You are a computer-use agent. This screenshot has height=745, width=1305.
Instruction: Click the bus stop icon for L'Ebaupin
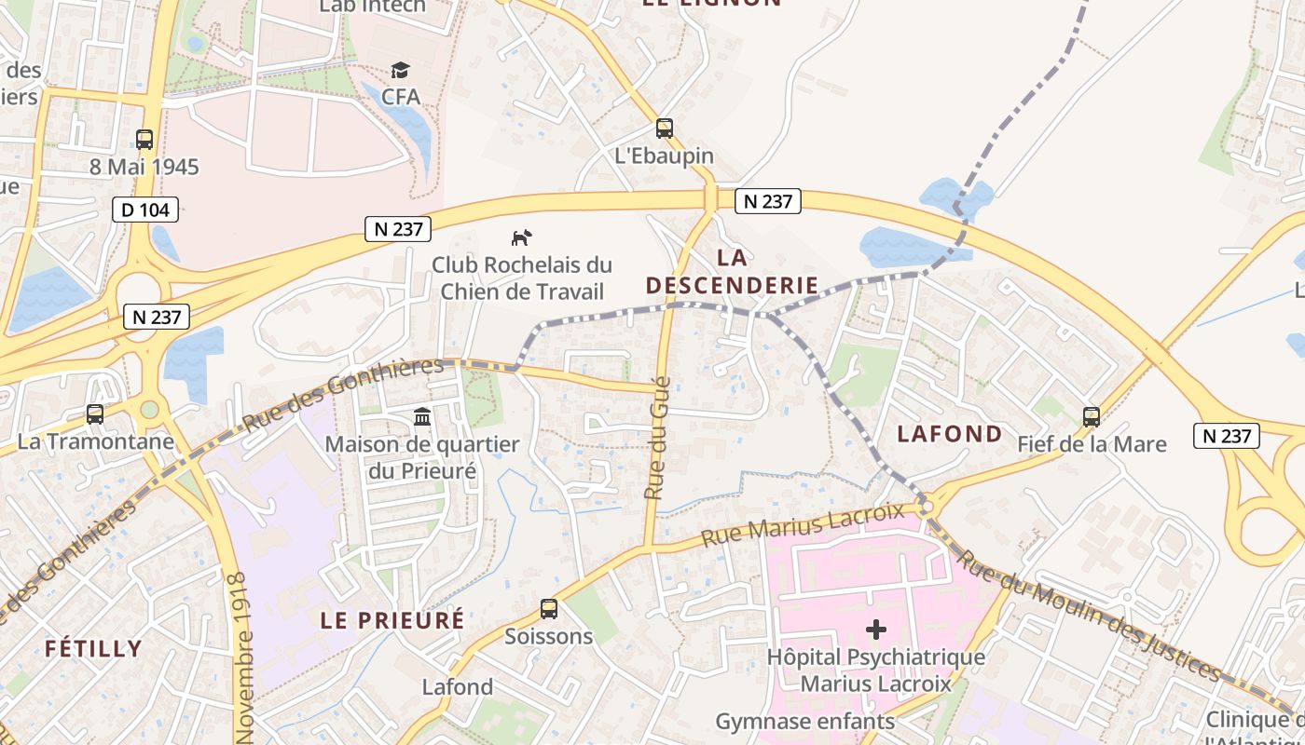[665, 129]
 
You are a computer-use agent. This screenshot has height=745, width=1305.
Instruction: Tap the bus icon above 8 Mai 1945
[144, 140]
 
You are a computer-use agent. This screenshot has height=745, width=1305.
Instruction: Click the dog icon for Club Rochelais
[521, 237]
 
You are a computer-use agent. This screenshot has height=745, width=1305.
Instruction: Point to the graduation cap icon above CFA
[401, 70]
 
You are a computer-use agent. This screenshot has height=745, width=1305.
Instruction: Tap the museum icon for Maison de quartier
[421, 416]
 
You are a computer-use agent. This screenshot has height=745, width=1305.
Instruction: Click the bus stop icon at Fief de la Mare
[1092, 416]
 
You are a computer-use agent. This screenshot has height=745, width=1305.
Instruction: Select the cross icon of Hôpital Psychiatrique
[875, 630]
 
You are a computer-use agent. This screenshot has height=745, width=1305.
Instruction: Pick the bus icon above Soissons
[549, 609]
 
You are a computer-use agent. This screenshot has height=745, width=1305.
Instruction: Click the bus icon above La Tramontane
[95, 413]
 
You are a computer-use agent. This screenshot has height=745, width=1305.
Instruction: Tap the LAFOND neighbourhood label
[950, 433]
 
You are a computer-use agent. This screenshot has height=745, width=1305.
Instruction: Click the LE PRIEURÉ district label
[392, 619]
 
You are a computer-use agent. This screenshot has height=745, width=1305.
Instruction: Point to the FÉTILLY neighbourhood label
[93, 648]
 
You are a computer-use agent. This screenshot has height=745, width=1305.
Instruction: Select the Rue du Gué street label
[658, 438]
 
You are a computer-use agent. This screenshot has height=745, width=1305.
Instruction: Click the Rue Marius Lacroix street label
[803, 525]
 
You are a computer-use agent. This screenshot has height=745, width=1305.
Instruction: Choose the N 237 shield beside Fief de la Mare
[1227, 435]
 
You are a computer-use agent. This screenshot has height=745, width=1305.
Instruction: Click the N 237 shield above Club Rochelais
[399, 229]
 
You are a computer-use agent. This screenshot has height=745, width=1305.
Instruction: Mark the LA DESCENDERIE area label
[732, 271]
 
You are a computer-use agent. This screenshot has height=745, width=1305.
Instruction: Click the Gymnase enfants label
[805, 721]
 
